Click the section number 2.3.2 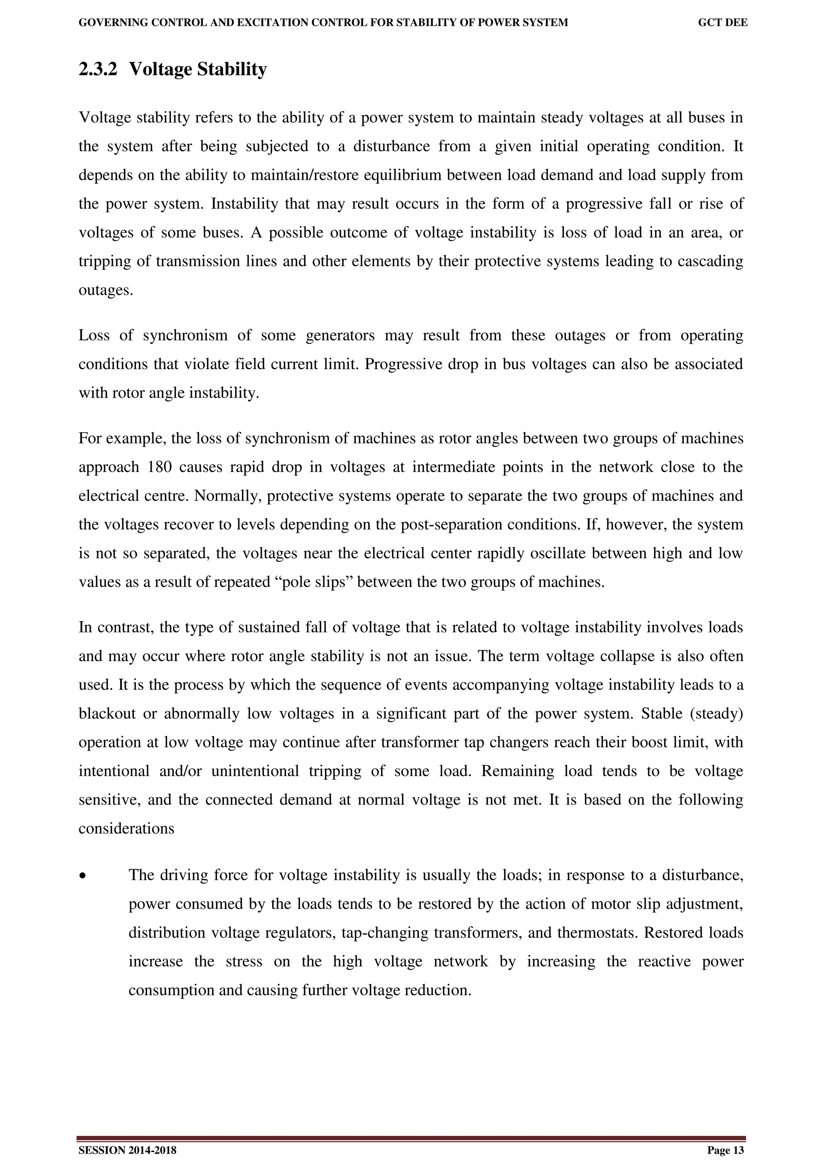98,69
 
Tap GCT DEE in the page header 722,23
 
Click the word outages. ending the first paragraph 105,290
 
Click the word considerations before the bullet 126,829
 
